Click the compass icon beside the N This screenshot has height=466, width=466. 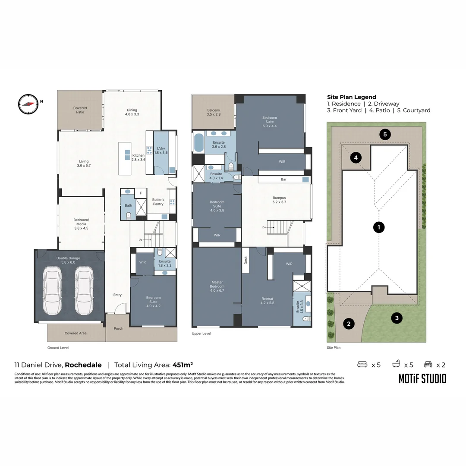tap(28, 104)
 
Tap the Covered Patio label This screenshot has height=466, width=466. tap(80, 110)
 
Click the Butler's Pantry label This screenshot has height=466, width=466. tap(158, 202)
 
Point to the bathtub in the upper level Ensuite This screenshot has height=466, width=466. tap(199, 142)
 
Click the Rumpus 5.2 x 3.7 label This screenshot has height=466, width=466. tap(279, 200)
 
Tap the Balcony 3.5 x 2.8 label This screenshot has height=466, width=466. tap(213, 112)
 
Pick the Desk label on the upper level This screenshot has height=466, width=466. tap(246, 260)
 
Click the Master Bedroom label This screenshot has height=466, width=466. tap(217, 286)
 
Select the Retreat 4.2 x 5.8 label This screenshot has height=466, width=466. tap(268, 301)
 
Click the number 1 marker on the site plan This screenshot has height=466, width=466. tap(378, 227)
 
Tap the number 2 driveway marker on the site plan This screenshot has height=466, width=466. tap(349, 324)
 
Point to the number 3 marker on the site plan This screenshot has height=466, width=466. tap(396, 318)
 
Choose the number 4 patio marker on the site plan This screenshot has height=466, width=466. tap(356, 158)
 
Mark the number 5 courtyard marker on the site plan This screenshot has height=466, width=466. tap(385, 134)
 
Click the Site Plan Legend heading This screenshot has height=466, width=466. tap(351, 97)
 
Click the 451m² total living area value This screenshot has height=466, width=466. tap(183, 365)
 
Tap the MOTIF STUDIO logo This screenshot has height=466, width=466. tap(422, 379)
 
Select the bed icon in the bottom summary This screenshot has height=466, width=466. tap(362, 365)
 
